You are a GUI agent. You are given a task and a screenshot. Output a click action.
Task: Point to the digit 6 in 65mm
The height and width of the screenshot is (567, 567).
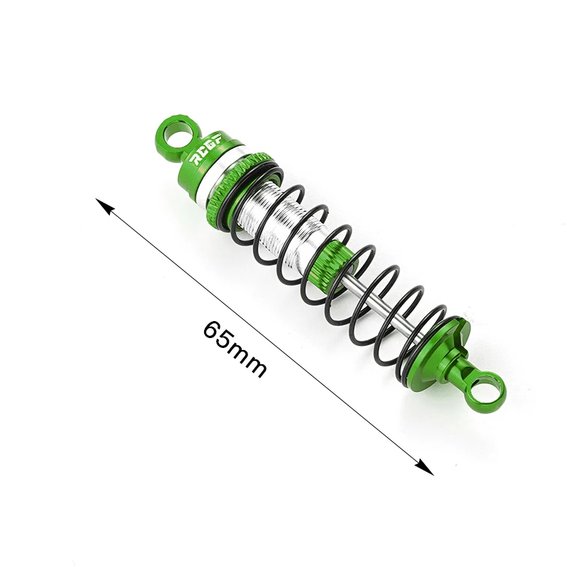point(211,329)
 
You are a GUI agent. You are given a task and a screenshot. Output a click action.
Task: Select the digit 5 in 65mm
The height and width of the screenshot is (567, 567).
point(224,339)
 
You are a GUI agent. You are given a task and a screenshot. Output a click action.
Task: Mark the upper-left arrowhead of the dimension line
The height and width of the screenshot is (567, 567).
point(104,206)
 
